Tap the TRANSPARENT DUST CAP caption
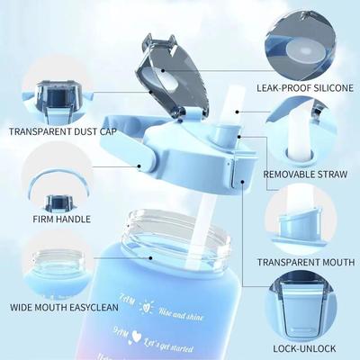pos(63,130)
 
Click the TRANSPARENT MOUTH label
pos(307,262)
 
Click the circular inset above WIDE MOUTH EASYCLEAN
pos(58,264)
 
